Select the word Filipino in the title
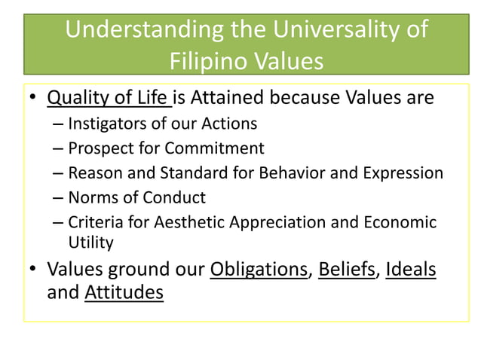pos(205,59)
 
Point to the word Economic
pos(399,222)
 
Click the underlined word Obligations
pos(259,269)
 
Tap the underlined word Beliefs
pos(347,269)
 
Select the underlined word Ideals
pos(410,269)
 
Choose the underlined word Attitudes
pos(124,292)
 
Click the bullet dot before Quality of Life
pos(32,99)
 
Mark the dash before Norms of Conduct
pos(59,198)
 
